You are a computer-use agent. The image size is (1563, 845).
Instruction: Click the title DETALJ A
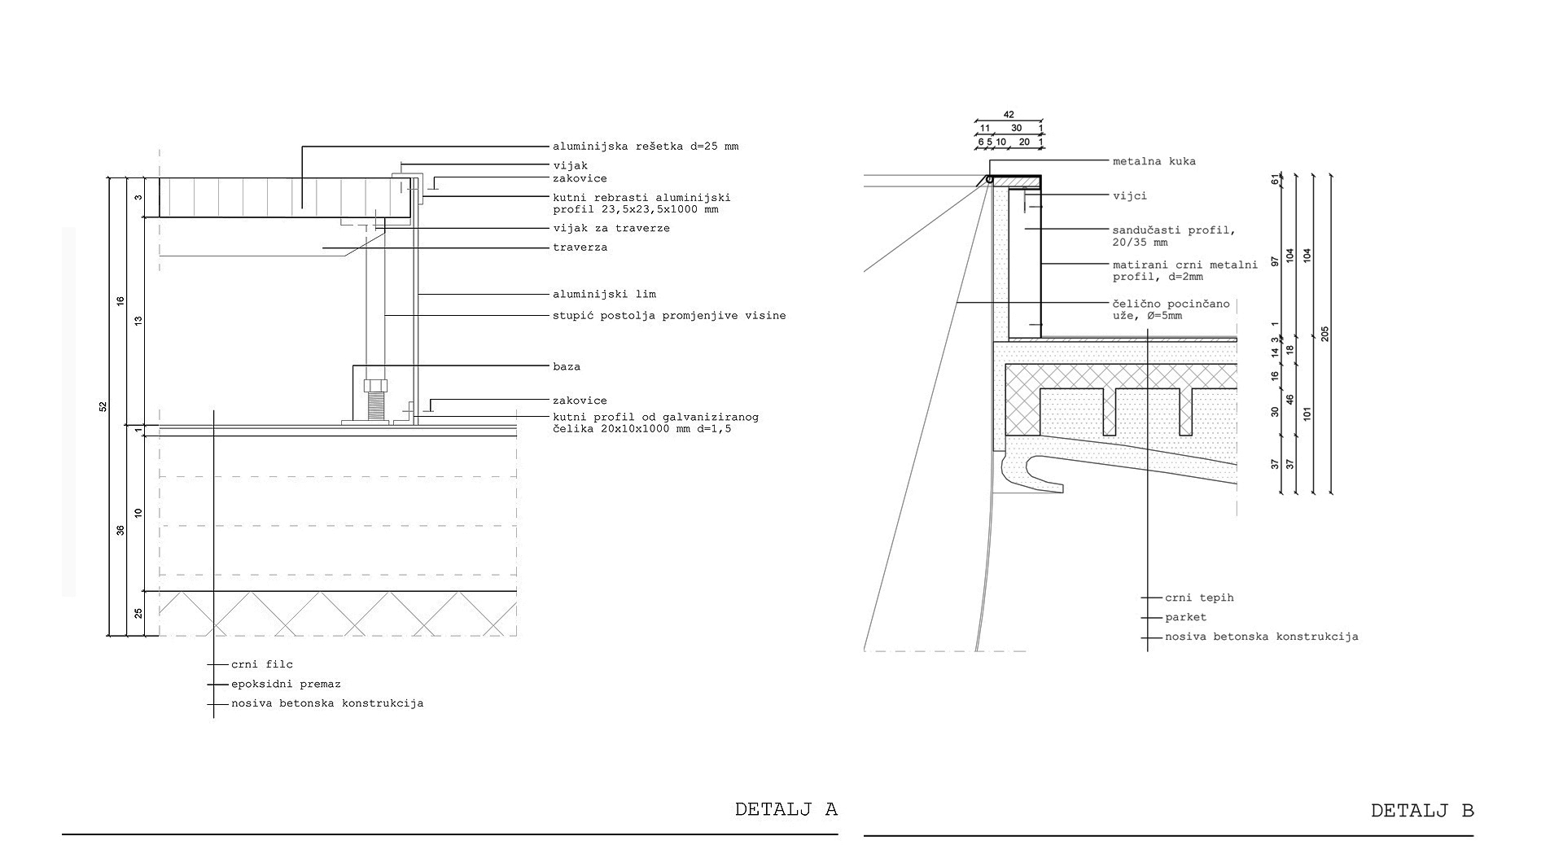[x=786, y=809]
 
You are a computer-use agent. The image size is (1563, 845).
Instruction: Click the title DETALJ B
[x=1421, y=811]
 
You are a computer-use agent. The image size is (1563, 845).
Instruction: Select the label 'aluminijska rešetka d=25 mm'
[x=646, y=147]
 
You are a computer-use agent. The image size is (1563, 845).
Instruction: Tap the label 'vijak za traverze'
[x=611, y=228]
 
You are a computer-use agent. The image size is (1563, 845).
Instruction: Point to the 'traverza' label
[x=580, y=247]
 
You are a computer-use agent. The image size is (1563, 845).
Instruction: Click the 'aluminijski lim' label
[x=604, y=294]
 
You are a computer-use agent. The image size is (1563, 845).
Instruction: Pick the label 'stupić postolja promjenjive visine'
[x=669, y=316]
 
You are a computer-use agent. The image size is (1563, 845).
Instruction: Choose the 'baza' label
[x=567, y=367]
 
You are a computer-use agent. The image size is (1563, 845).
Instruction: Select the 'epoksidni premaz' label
[x=286, y=685]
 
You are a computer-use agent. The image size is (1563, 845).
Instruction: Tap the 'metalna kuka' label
[x=1154, y=161]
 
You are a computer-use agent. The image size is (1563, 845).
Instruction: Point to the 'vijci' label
[x=1130, y=196]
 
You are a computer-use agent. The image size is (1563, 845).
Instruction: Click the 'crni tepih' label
[x=1199, y=598]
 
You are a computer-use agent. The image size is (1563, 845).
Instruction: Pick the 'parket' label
[x=1185, y=617]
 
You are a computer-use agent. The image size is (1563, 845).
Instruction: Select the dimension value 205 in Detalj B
[x=1324, y=334]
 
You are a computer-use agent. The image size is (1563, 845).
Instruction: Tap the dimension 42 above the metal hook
[x=1009, y=115]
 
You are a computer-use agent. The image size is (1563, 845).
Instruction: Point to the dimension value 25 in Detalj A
[x=138, y=613]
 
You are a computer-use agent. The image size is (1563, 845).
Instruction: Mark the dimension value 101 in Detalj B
[x=1307, y=413]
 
